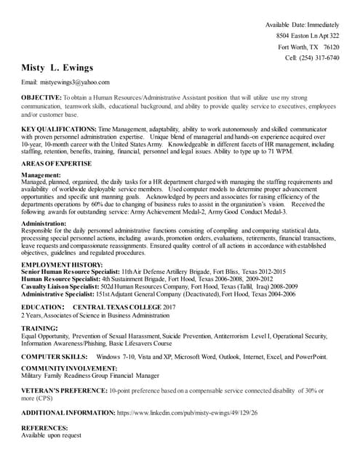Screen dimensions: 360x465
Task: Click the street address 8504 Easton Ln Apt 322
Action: coord(308,36)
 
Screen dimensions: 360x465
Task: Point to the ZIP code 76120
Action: coord(331,46)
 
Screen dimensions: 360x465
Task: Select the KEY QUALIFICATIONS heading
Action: coord(58,128)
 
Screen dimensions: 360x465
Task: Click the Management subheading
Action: coord(41,175)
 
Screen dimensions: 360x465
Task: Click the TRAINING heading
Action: coord(39,329)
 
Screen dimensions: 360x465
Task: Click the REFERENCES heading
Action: coord(44,428)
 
